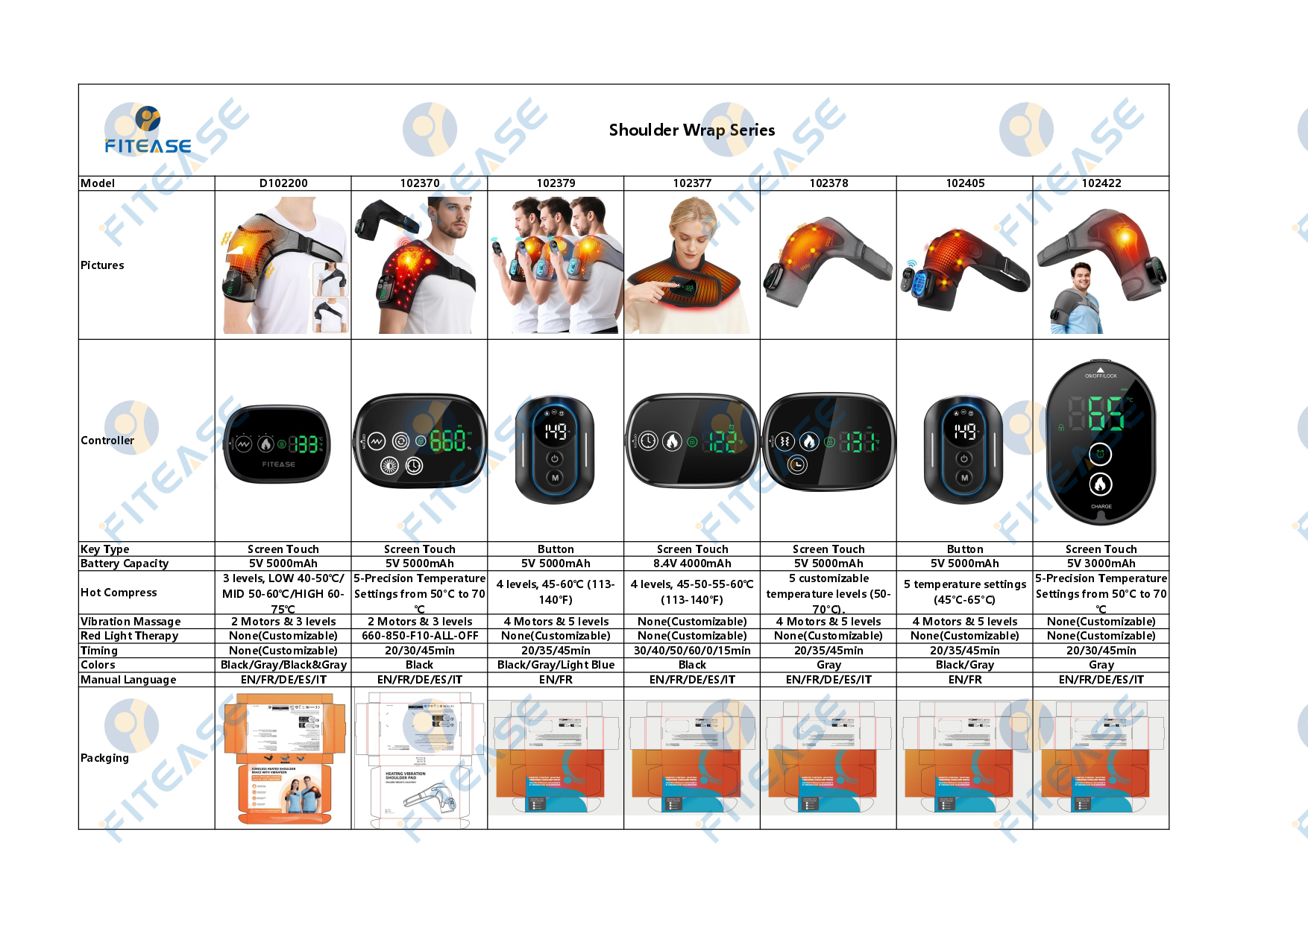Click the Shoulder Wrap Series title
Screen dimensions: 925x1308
point(691,130)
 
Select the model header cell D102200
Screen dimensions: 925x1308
point(283,183)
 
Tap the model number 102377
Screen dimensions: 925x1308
point(691,183)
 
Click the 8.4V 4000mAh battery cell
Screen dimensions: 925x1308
point(691,563)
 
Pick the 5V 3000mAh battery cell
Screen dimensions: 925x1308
point(1101,563)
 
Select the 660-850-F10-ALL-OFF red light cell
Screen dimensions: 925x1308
point(419,636)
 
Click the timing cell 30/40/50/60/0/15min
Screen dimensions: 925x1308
point(691,651)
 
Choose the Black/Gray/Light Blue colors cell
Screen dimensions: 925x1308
point(556,665)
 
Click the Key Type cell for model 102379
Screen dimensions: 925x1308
point(556,549)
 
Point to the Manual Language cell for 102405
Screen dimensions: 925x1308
point(964,680)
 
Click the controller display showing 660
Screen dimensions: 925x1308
point(448,441)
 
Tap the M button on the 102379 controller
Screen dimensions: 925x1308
point(555,478)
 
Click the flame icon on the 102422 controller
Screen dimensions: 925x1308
point(1101,484)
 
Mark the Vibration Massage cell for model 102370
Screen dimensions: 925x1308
point(419,622)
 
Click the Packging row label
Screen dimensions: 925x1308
point(104,758)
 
